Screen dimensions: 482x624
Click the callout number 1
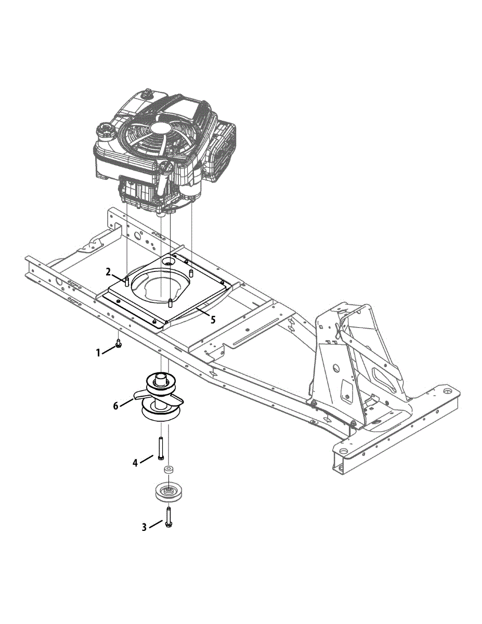[98, 353]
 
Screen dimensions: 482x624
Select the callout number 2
[108, 272]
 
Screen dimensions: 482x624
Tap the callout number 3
[145, 527]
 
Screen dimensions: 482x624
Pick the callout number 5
[213, 320]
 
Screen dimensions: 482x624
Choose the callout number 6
[116, 406]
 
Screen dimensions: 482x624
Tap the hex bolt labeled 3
[167, 516]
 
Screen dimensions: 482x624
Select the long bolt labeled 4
[160, 448]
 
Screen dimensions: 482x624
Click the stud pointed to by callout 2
[126, 281]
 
